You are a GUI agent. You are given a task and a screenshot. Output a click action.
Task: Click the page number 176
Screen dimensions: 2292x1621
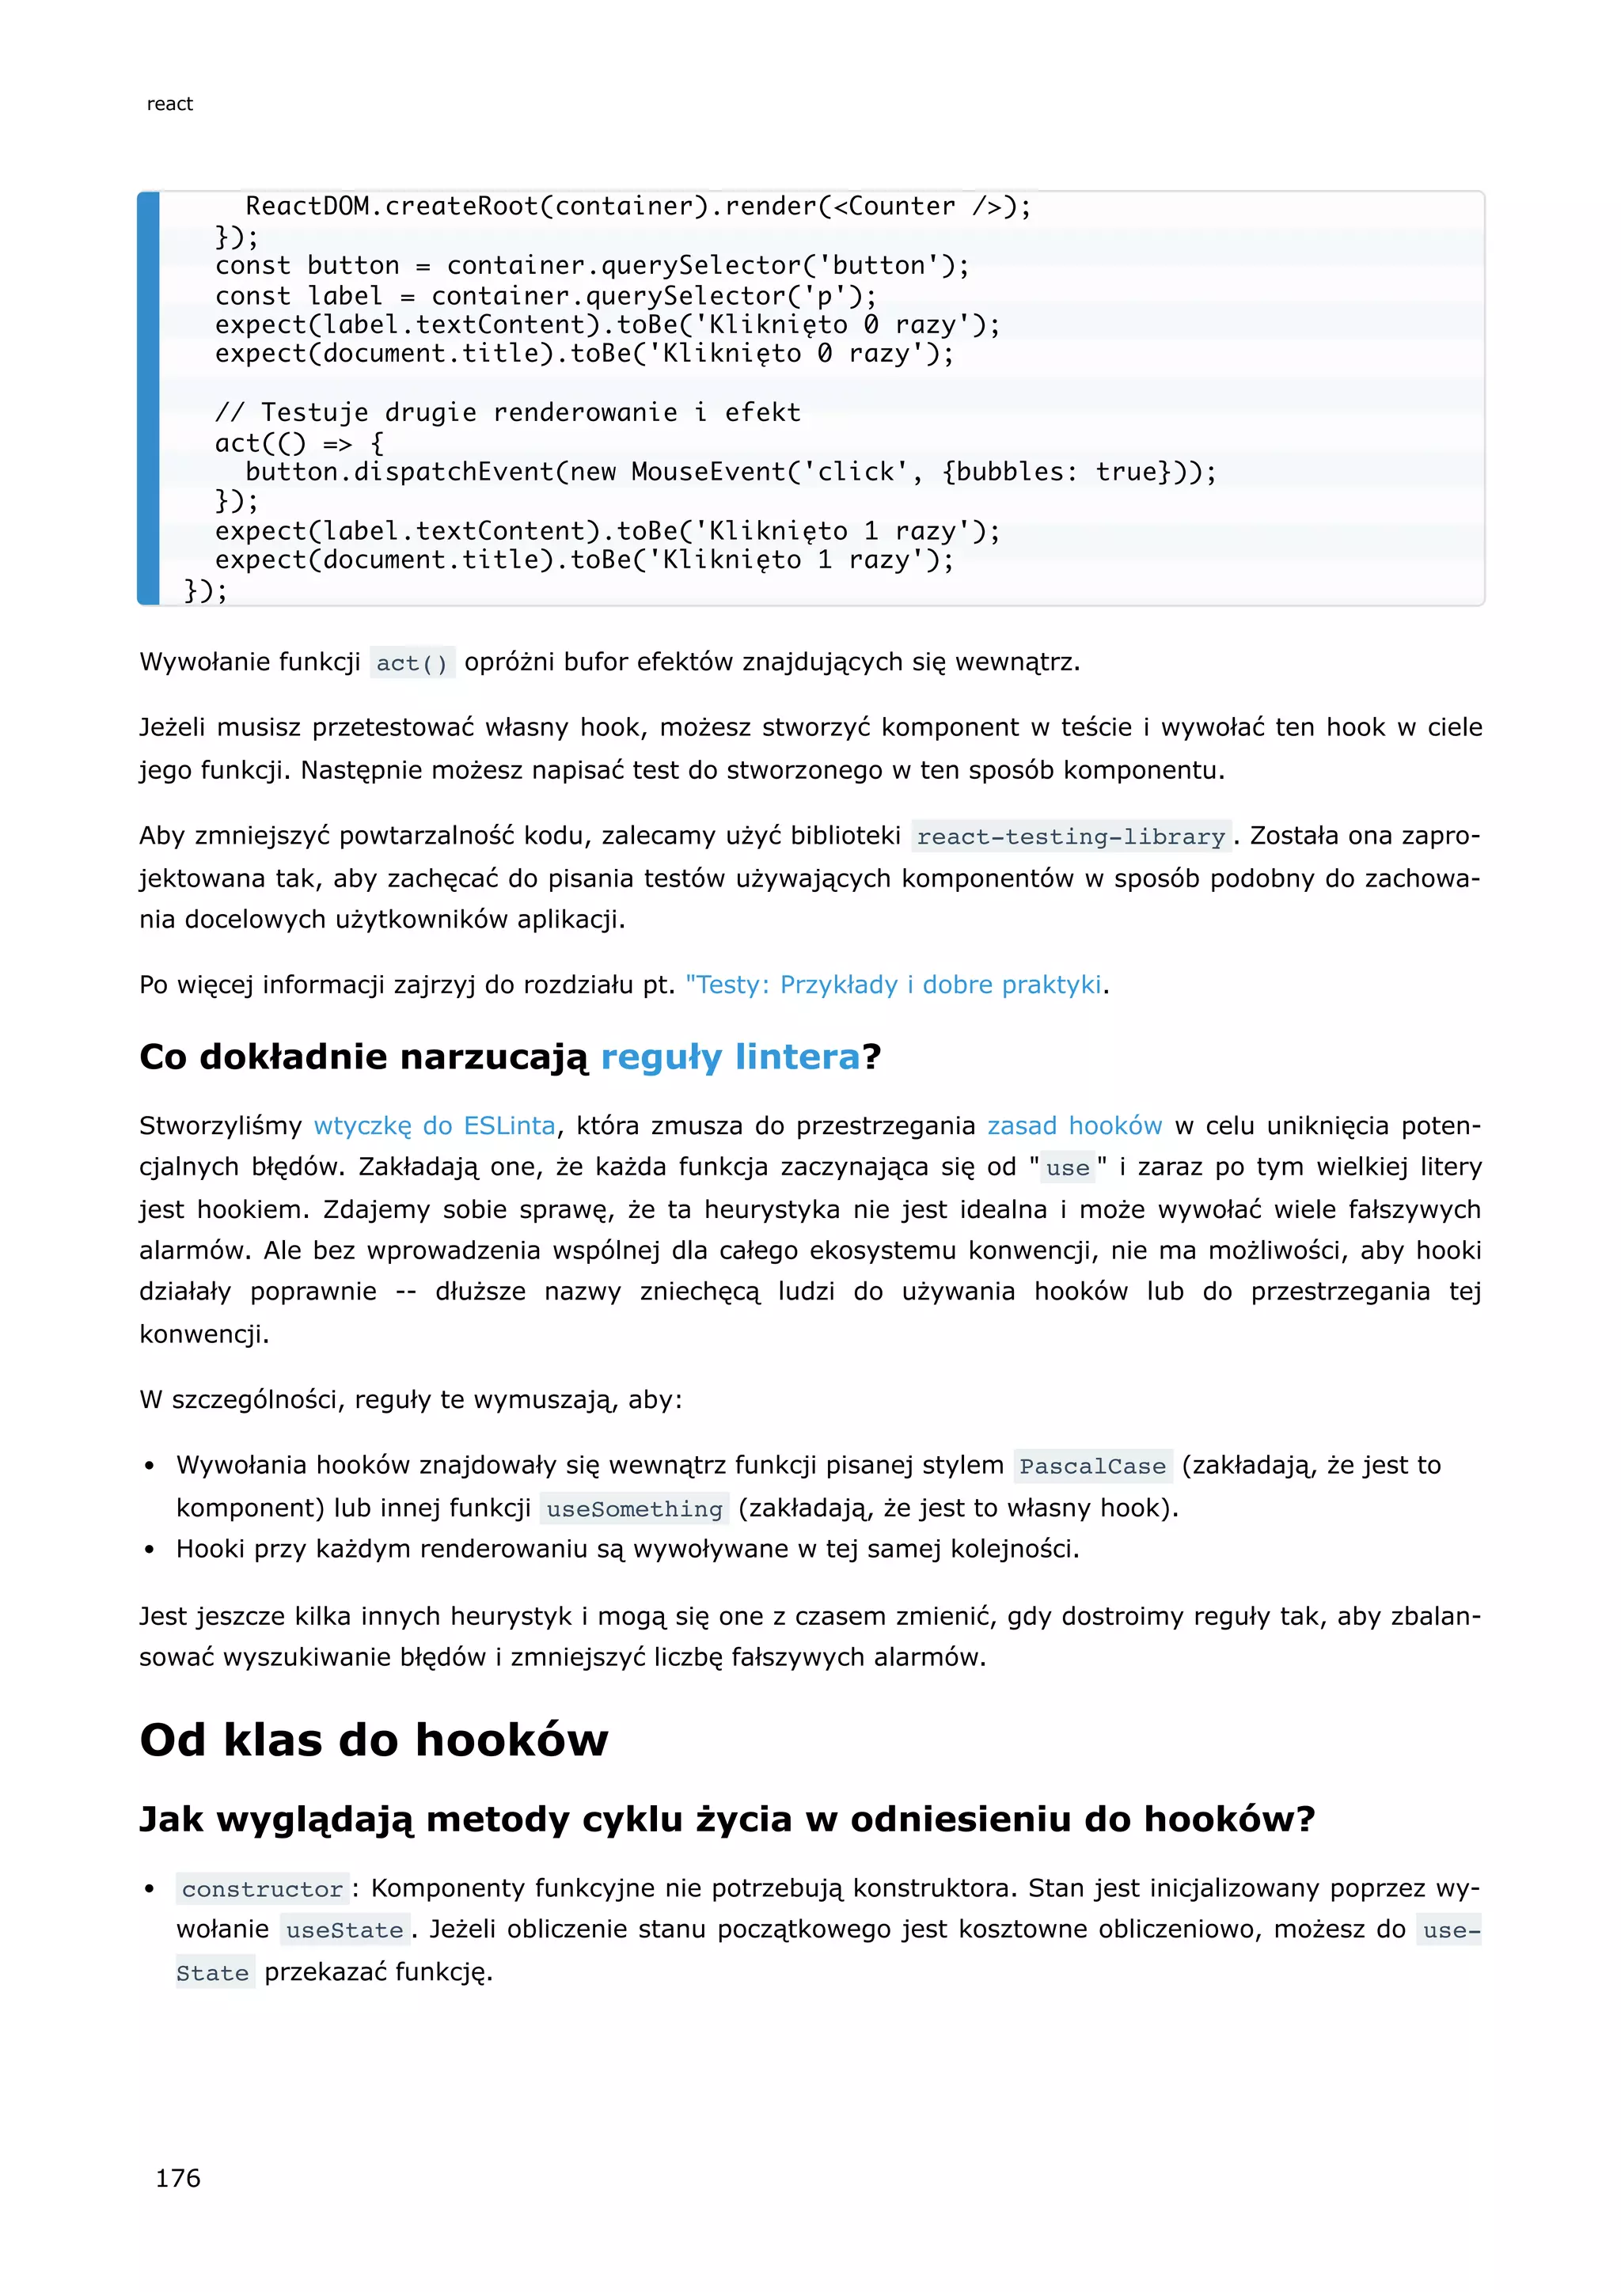tap(177, 2178)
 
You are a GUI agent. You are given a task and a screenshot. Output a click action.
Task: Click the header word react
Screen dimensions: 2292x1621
tap(169, 104)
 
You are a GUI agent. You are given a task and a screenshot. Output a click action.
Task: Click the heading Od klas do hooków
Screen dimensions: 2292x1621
tap(374, 1740)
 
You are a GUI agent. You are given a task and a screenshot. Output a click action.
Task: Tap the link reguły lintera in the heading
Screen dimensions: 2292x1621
tap(730, 1056)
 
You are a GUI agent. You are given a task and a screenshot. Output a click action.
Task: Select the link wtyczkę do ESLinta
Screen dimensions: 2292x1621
tap(435, 1126)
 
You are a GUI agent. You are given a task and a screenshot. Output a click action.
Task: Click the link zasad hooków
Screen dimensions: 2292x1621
tap(1074, 1126)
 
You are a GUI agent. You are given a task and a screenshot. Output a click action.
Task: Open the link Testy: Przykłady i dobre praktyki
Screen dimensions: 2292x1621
tap(895, 985)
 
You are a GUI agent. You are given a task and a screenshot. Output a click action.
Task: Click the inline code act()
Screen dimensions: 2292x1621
tap(412, 663)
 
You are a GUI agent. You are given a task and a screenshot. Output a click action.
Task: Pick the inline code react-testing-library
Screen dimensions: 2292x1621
tap(1070, 837)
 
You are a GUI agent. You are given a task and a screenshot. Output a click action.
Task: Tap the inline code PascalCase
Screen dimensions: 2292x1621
tap(1092, 1467)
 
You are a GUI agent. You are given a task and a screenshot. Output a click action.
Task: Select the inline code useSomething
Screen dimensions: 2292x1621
tap(634, 1509)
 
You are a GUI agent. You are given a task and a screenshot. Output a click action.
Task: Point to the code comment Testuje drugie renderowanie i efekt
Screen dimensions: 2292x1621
tap(507, 413)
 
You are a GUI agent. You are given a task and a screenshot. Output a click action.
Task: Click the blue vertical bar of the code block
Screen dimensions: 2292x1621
tap(149, 400)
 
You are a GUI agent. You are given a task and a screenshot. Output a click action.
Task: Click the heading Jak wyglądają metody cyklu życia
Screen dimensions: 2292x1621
tap(727, 1819)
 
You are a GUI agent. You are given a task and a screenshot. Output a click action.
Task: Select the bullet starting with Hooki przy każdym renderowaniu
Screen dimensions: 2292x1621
tap(627, 1550)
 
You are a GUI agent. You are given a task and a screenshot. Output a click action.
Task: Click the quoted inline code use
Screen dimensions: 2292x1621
tap(1067, 1168)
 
